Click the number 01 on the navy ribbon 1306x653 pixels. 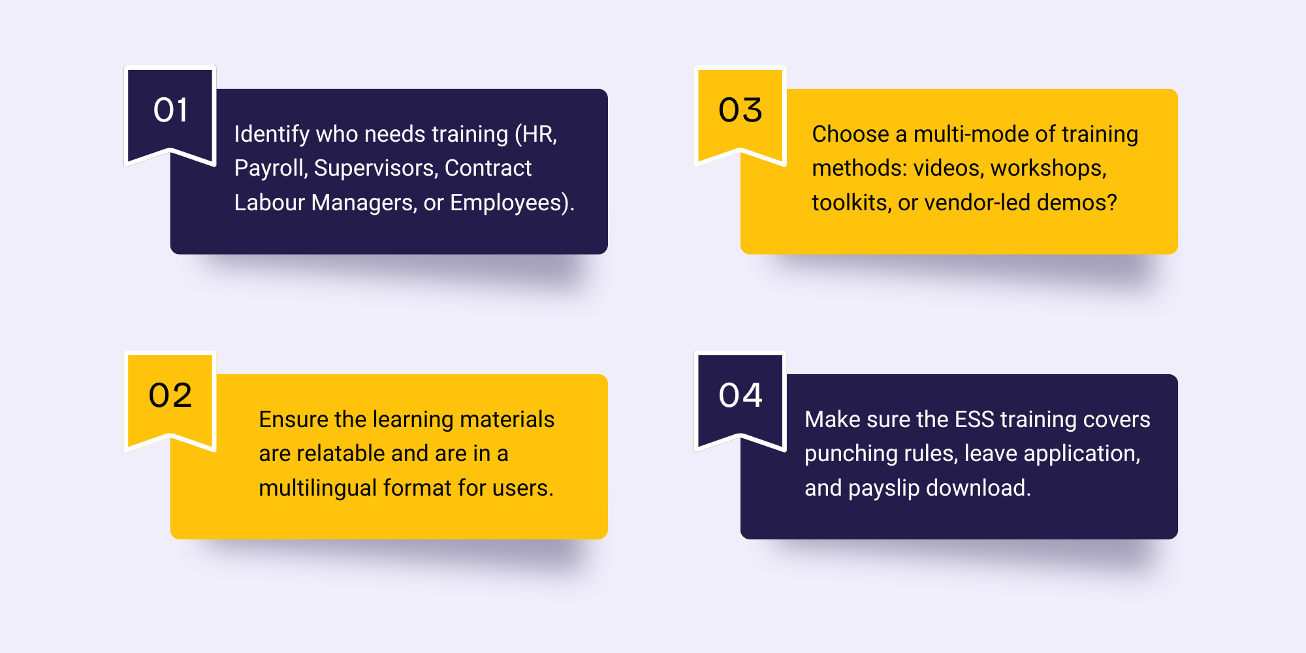[x=171, y=110]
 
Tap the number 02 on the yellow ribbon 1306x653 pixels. [x=170, y=395]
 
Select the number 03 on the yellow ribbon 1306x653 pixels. [x=741, y=110]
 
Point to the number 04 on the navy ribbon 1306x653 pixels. [x=741, y=395]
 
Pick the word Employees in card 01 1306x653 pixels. [x=507, y=203]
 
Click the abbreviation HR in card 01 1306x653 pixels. [x=538, y=135]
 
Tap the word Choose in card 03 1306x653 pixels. [x=850, y=134]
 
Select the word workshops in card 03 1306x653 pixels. [x=1048, y=168]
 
